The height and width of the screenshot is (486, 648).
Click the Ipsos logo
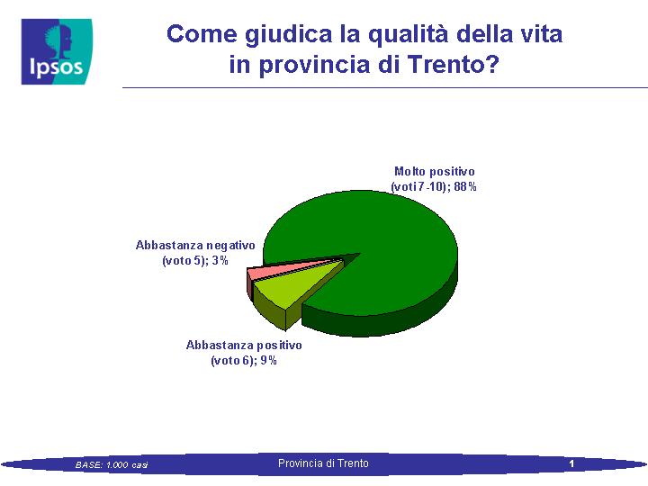57,51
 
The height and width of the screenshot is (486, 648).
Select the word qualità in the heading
408,35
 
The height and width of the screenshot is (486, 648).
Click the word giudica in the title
289,35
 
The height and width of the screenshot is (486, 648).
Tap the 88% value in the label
465,187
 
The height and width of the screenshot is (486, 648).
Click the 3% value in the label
220,261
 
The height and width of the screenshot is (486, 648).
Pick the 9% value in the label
268,360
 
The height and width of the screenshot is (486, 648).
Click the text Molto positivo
435,171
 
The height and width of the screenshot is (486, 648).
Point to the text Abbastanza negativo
195,246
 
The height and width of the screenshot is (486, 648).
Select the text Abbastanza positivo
244,345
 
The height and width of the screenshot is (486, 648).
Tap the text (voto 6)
231,361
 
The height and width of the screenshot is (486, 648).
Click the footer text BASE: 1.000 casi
112,465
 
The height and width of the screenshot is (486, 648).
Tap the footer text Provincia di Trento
323,463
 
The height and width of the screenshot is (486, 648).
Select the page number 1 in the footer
571,463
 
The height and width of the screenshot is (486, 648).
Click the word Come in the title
202,34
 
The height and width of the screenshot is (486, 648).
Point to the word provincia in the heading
314,66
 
